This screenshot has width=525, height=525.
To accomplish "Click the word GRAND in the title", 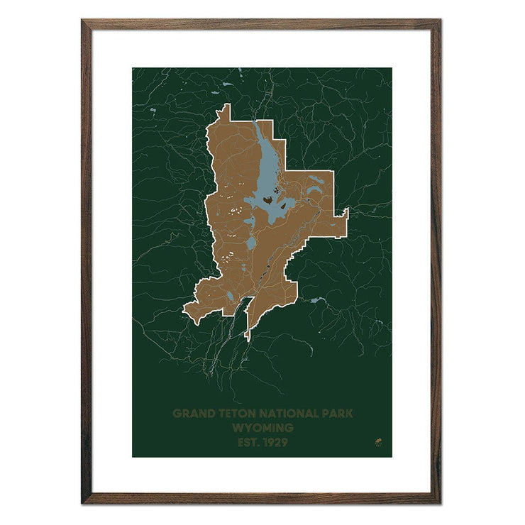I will (x=192, y=413).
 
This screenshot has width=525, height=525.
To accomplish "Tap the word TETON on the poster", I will (x=236, y=413).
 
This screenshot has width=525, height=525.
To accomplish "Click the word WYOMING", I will (x=262, y=428).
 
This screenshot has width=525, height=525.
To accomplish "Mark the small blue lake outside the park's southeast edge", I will (x=316, y=301).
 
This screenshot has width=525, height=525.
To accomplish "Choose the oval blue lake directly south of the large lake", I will (x=252, y=243).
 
